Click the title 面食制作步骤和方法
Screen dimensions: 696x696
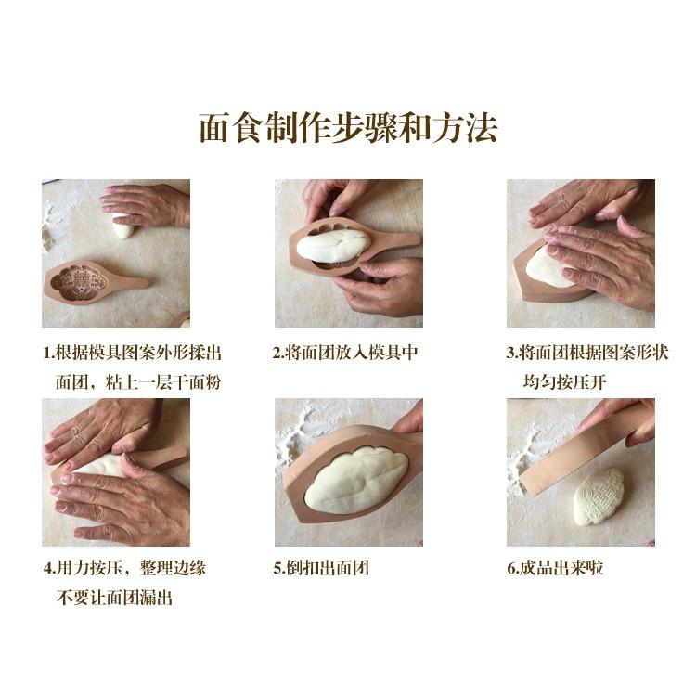coord(348,128)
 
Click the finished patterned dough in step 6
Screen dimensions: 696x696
coord(601,501)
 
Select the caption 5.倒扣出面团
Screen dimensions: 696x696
coord(320,568)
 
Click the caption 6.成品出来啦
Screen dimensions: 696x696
coord(555,568)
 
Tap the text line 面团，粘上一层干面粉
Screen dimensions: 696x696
coord(136,381)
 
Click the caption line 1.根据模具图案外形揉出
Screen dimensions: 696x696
coord(133,353)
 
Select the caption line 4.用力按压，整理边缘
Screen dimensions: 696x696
coord(124,568)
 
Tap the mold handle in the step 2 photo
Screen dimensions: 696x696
coord(399,243)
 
